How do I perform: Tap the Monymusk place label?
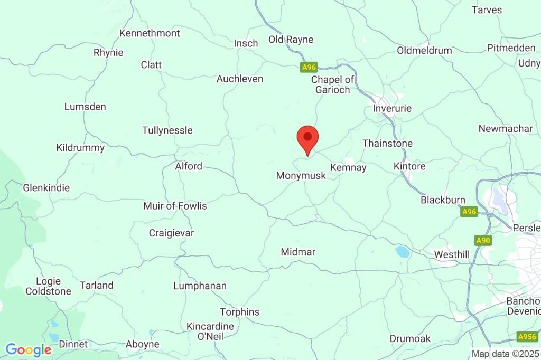click(x=301, y=175)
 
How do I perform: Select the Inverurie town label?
click(x=392, y=108)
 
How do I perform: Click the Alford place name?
click(x=189, y=166)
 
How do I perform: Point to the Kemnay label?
click(x=348, y=167)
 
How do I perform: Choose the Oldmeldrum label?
click(x=425, y=51)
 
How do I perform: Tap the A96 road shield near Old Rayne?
click(x=309, y=67)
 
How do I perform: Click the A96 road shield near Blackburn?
click(x=469, y=212)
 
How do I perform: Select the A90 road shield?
click(x=483, y=241)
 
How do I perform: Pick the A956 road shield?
click(x=527, y=337)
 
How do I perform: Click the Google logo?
click(x=29, y=349)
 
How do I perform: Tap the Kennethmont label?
click(x=150, y=33)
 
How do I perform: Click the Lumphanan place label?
click(x=200, y=286)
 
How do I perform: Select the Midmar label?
click(x=298, y=252)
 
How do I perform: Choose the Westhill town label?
click(x=452, y=254)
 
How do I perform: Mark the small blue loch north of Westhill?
click(x=403, y=252)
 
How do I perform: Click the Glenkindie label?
click(x=46, y=187)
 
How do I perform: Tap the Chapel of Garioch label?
click(x=333, y=84)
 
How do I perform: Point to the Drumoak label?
click(x=410, y=338)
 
